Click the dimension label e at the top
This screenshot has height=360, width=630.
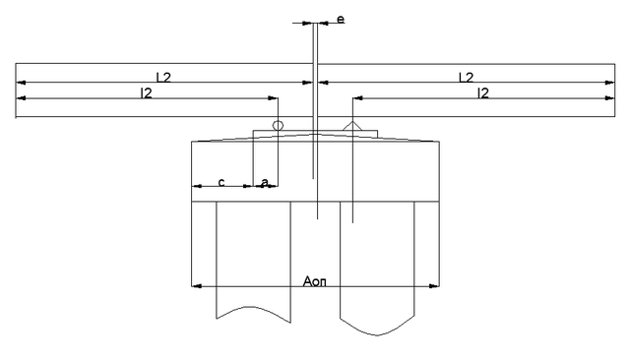coord(341,20)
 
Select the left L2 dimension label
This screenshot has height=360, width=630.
coord(163,77)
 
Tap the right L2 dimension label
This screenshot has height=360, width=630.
coord(466,77)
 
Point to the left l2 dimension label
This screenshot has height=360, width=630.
coord(147,93)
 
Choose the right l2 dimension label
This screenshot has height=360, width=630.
coord(483,93)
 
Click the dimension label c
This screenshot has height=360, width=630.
coord(221,182)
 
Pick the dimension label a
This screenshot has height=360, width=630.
coord(265,182)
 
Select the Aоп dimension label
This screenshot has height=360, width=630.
coord(315,281)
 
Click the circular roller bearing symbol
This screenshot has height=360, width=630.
coord(278,125)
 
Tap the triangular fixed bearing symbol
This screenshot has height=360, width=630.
coord(352,126)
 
